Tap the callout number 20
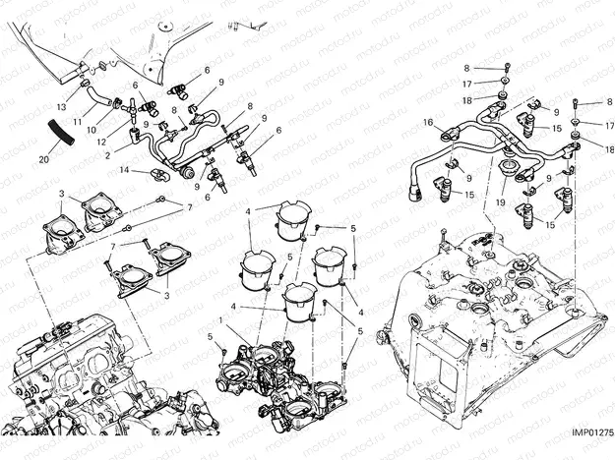(43, 158)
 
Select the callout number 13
(61, 105)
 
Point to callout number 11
(78, 121)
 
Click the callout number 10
(91, 129)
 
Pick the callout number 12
(101, 141)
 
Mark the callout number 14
(124, 169)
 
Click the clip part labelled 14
(160, 175)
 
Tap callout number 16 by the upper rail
(429, 122)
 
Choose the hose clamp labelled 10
(115, 101)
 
